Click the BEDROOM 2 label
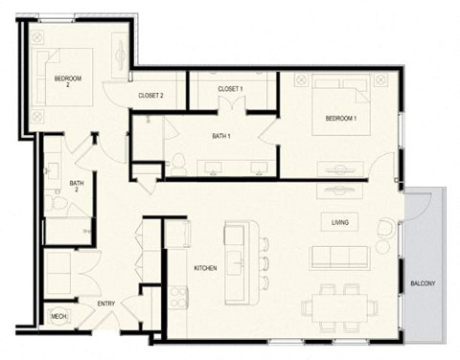(x=68, y=80)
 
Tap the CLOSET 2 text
(x=151, y=96)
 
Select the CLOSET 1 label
(x=230, y=89)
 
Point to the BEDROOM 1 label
(x=341, y=118)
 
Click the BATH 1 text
(x=221, y=137)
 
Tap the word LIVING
(x=340, y=222)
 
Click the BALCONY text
(x=424, y=283)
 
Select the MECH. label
(x=57, y=315)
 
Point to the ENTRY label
(x=106, y=304)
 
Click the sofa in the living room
(x=339, y=257)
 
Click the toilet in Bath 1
(x=178, y=162)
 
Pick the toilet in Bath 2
(x=58, y=203)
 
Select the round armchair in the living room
(x=385, y=229)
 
